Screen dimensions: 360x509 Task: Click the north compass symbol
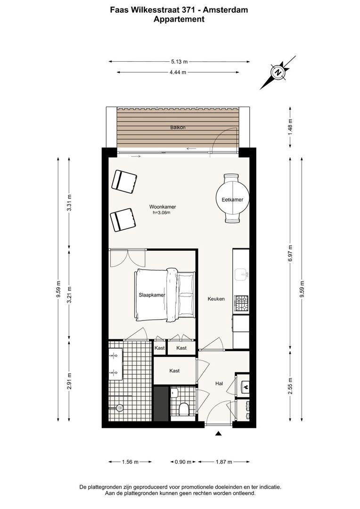[x=278, y=72]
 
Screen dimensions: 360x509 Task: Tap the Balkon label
[x=178, y=128]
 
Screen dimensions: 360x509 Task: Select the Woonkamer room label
[x=163, y=207]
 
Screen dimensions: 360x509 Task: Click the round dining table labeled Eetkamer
[x=232, y=199]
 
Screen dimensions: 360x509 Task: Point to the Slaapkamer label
[x=152, y=295]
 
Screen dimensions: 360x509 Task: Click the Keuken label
[x=216, y=299]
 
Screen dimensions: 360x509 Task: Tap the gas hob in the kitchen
[x=242, y=303]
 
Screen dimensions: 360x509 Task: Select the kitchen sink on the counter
[x=242, y=274]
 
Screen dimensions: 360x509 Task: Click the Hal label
[x=219, y=384]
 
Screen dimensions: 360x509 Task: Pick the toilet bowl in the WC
[x=184, y=409]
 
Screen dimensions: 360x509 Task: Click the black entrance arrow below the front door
[x=219, y=434]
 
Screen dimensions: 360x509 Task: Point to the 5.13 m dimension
[x=180, y=61]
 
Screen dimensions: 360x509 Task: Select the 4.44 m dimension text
[x=178, y=72]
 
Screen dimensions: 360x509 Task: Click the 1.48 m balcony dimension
[x=290, y=127]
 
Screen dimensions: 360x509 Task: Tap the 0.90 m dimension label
[x=183, y=461]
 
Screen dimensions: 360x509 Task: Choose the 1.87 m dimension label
[x=224, y=461]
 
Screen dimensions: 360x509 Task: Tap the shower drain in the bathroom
[x=120, y=407]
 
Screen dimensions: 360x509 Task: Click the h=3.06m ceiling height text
[x=162, y=213]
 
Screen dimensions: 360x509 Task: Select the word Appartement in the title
[x=179, y=19]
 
